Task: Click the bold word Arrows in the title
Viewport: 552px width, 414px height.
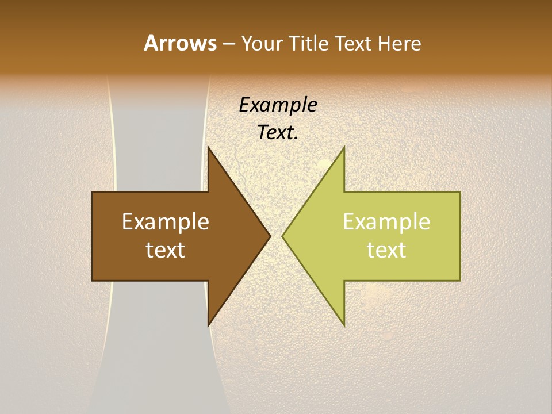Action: (x=180, y=43)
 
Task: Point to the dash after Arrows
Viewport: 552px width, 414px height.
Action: (x=228, y=44)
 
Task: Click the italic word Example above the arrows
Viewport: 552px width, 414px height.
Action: (x=278, y=105)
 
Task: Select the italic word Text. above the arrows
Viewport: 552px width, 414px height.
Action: (x=278, y=133)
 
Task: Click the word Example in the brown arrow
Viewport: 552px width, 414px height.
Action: (x=166, y=222)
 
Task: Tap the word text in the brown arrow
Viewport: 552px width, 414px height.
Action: (x=166, y=250)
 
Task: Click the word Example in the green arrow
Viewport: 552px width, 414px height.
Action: (x=386, y=222)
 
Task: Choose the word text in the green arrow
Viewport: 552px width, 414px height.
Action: (x=386, y=250)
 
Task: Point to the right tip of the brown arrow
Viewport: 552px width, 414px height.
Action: (x=270, y=236)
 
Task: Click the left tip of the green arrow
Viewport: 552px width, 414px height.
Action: (x=282, y=236)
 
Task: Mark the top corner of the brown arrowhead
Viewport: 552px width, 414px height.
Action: (x=208, y=147)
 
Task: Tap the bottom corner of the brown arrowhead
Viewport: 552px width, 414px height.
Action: (x=208, y=326)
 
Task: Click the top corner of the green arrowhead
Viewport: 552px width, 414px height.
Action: (x=344, y=147)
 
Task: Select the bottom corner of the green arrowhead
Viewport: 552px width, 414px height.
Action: (x=344, y=326)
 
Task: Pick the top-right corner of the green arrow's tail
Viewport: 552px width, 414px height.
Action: (x=460, y=192)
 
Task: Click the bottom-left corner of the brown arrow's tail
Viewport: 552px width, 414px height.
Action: (x=93, y=281)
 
